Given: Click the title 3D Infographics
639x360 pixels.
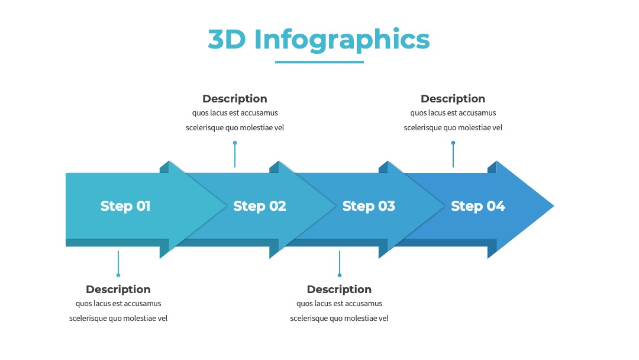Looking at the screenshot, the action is pos(319,40).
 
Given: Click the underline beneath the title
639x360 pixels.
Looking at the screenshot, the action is pos(319,62).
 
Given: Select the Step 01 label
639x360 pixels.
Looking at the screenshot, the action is pos(125,206).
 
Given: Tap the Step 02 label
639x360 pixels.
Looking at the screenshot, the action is pos(260,206).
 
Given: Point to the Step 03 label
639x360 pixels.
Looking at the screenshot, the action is pos(369,206).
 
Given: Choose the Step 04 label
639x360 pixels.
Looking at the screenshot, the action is pos(478,206).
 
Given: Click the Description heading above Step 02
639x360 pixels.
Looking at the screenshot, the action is pos(235,99).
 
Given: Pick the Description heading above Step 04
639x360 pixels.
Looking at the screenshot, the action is pos(453,99).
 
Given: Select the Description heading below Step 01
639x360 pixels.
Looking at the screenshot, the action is pos(118,290).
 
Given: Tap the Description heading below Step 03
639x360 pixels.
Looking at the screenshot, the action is pos(339,290).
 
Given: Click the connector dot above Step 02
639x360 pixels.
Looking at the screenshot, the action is pos(235,143).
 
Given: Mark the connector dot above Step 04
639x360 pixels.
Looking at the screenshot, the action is pos(453,143).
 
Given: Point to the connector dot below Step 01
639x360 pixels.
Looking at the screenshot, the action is pos(118,275).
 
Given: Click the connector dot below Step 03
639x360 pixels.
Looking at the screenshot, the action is pos(340,275).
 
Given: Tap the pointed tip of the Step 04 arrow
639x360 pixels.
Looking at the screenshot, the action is pos(554,206).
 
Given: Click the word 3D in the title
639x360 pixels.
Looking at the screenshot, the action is pos(227,40).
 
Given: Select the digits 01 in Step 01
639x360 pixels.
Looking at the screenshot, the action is pos(143,206).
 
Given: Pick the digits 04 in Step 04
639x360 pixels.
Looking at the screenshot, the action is pos(496,206).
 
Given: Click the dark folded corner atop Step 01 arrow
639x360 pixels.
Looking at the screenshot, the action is pos(164,168).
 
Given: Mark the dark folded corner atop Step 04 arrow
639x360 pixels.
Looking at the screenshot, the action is pos(492,168).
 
